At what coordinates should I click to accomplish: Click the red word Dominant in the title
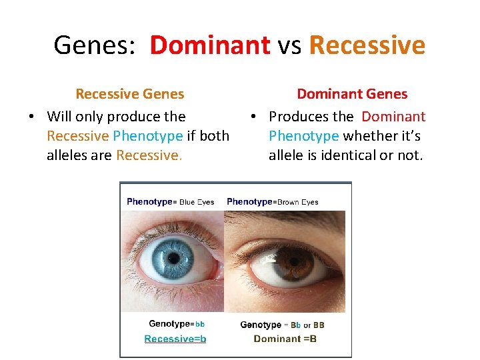pyautogui.click(x=209, y=45)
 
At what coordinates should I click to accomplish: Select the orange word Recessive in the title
pyautogui.click(x=367, y=45)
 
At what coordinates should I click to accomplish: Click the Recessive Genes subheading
pyautogui.click(x=130, y=94)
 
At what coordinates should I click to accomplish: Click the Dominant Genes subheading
pyautogui.click(x=352, y=94)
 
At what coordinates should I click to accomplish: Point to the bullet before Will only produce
pyautogui.click(x=31, y=117)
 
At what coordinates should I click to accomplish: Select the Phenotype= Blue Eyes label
pyautogui.click(x=171, y=201)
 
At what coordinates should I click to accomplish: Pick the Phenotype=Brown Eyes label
pyautogui.click(x=273, y=201)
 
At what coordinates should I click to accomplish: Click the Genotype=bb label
pyautogui.click(x=176, y=324)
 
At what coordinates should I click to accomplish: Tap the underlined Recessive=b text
pyautogui.click(x=175, y=339)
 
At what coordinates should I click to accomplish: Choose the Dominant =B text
pyautogui.click(x=285, y=339)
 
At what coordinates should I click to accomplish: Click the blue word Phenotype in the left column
pyautogui.click(x=147, y=136)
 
